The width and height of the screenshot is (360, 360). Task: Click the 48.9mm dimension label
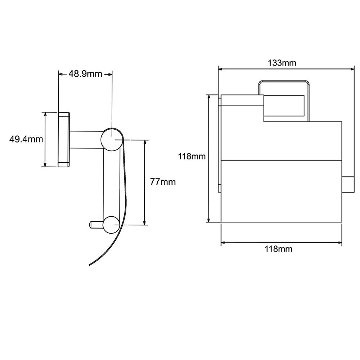pos(85,74)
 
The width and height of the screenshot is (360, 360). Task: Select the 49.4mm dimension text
pos(26,139)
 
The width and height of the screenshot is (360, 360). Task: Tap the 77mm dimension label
pos(163,182)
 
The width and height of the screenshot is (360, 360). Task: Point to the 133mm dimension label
pos(282,63)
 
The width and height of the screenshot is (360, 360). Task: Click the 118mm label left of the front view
pos(192,156)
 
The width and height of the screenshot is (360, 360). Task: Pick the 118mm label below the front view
pos(279,249)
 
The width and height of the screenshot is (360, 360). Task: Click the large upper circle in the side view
pos(112,139)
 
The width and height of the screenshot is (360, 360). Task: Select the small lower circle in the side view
pos(112,225)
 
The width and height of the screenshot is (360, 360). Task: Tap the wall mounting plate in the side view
pos(64,139)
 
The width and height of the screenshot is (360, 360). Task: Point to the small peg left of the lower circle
pos(96,225)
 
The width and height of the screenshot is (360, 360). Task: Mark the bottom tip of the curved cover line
pos(89,265)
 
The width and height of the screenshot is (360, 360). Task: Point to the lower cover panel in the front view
pos(281,191)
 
